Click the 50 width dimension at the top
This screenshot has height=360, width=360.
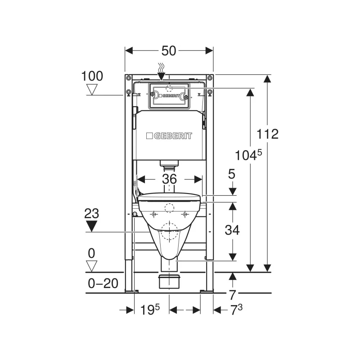pyautogui.click(x=169, y=51)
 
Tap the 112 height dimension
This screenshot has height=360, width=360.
pyautogui.click(x=267, y=134)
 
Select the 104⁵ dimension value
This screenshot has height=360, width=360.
pyautogui.click(x=248, y=155)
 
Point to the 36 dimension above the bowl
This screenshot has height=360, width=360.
pyautogui.click(x=170, y=179)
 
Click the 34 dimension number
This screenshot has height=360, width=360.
pyautogui.click(x=232, y=230)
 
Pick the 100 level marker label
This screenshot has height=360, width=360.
pyautogui.click(x=92, y=76)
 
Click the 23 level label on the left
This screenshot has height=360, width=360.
pyautogui.click(x=92, y=213)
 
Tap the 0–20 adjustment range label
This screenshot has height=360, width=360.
pyautogui.click(x=103, y=283)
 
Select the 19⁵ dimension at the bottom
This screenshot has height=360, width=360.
pyautogui.click(x=150, y=310)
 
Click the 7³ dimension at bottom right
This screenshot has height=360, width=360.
pyautogui.click(x=236, y=310)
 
